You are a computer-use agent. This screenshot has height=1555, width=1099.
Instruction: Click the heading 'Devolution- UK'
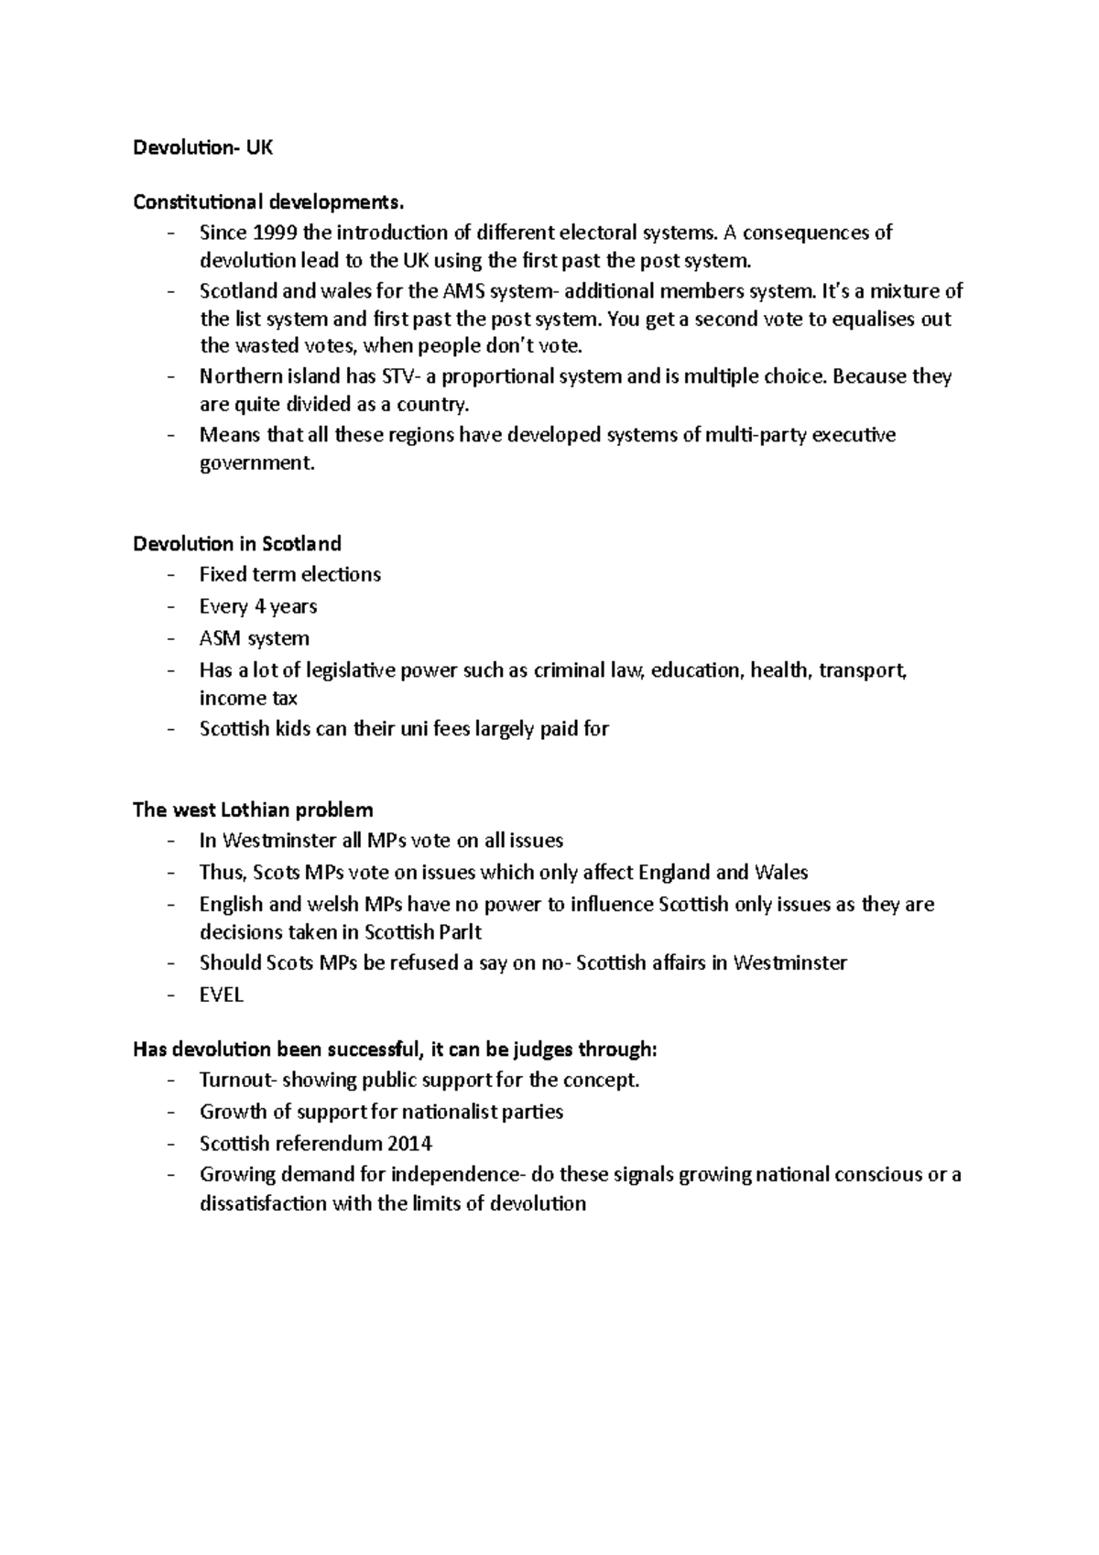pyautogui.click(x=202, y=147)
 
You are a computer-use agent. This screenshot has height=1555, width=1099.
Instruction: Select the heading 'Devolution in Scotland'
pyautogui.click(x=237, y=544)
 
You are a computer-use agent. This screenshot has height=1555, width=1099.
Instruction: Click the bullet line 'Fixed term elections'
pyautogui.click(x=289, y=575)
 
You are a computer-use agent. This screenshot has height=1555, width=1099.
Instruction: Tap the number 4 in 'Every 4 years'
pyautogui.click(x=259, y=606)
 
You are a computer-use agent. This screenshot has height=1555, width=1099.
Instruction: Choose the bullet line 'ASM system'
pyautogui.click(x=254, y=638)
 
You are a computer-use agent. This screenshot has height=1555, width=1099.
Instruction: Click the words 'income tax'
pyautogui.click(x=248, y=699)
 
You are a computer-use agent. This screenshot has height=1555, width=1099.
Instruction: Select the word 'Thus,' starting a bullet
pyautogui.click(x=223, y=872)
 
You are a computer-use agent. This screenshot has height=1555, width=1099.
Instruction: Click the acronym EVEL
pyautogui.click(x=222, y=995)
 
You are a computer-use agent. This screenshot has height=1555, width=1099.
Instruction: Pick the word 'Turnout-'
pyautogui.click(x=237, y=1081)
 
